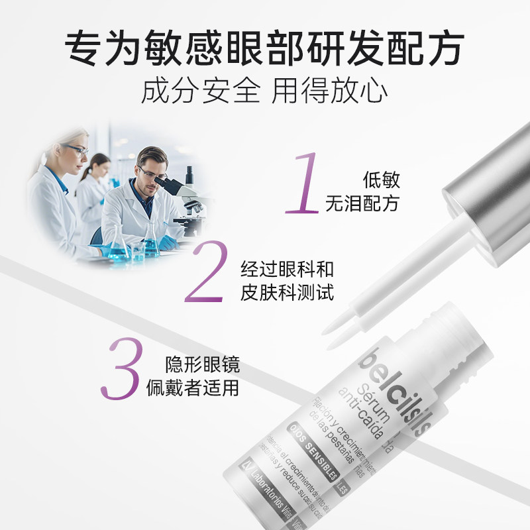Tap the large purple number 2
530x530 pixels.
(211, 273)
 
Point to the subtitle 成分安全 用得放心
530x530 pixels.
(264, 91)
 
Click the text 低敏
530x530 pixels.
(382, 180)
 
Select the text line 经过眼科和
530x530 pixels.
(287, 269)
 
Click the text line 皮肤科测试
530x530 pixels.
(287, 292)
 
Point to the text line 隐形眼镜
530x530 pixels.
(203, 364)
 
